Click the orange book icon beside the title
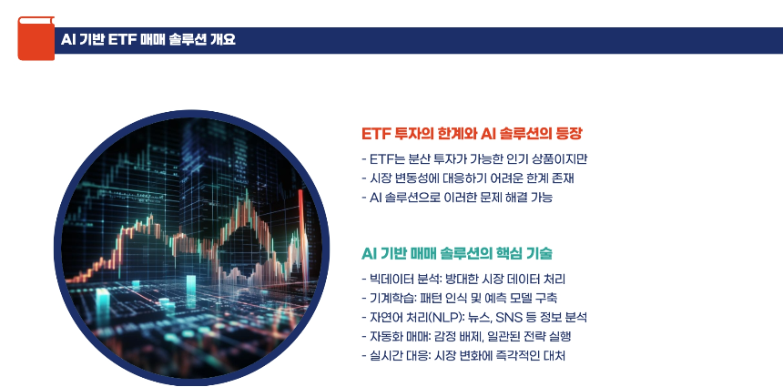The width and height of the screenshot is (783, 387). tap(36, 38)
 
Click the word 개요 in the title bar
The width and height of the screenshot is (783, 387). tap(221, 39)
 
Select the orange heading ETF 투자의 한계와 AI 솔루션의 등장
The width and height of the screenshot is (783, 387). tap(472, 133)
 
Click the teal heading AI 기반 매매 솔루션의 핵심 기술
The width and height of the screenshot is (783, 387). tap(457, 252)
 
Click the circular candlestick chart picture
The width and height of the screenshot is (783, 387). tap(190, 245)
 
